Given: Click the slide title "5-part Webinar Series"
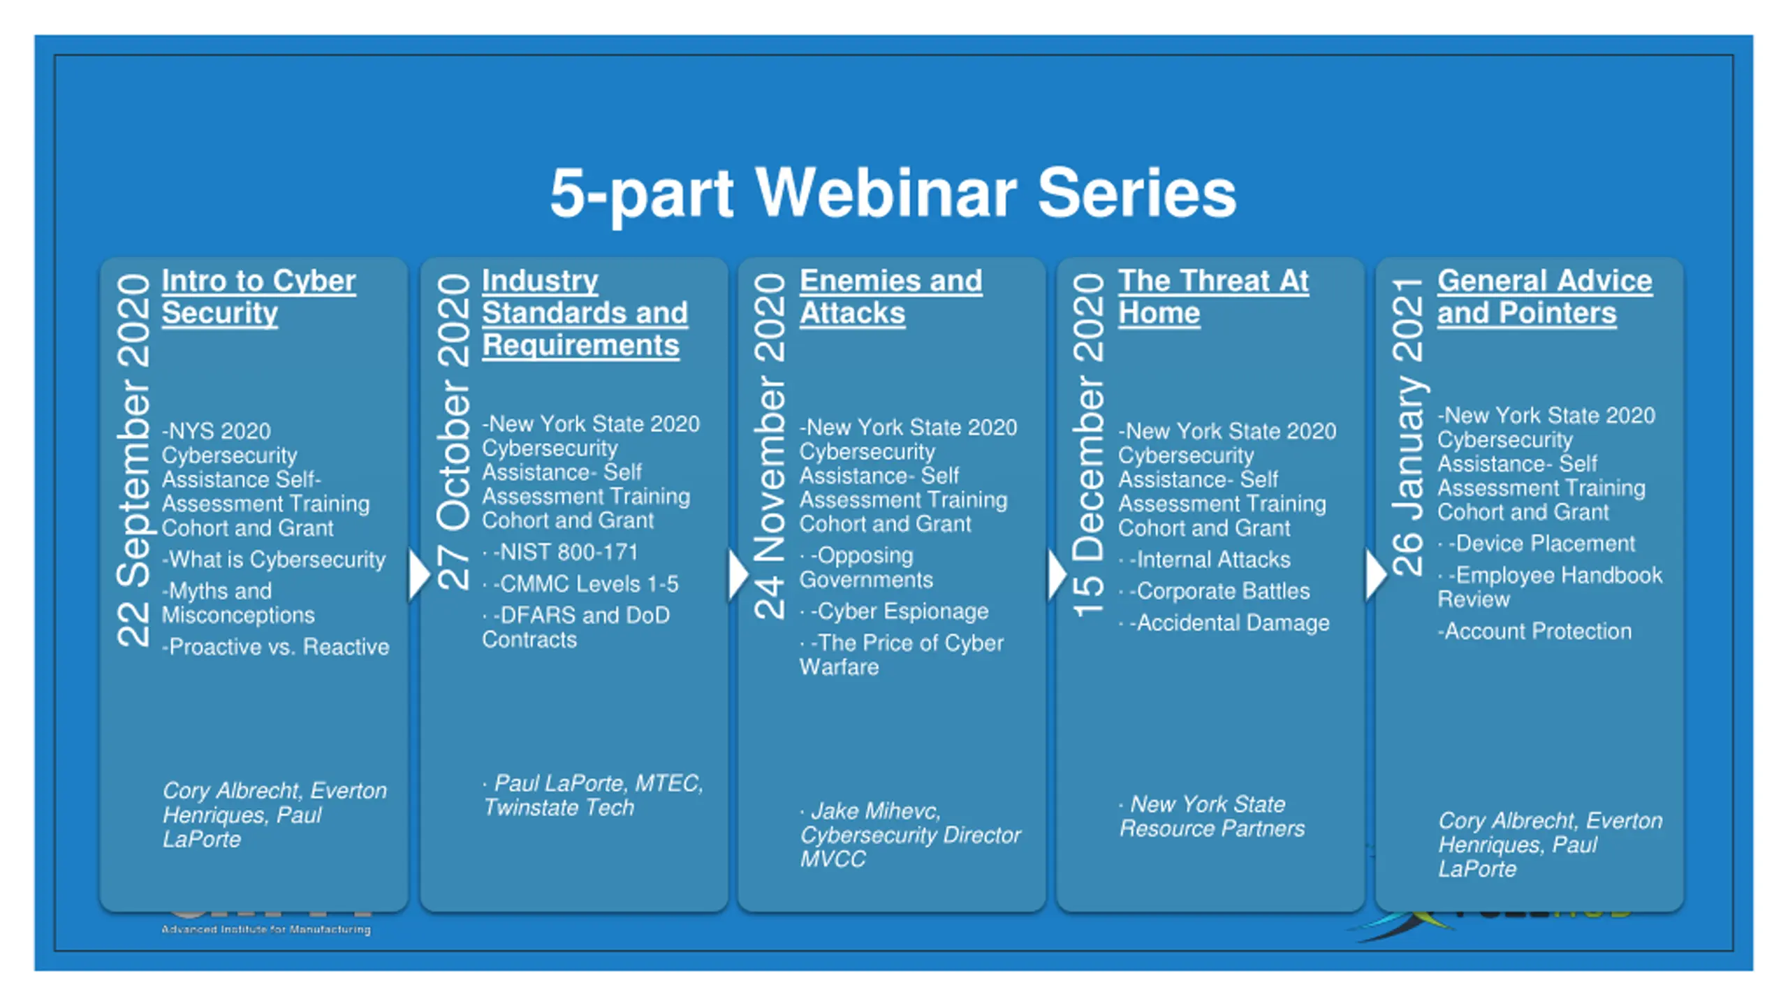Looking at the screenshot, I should (x=893, y=193).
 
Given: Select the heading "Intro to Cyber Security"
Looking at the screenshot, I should (x=258, y=297).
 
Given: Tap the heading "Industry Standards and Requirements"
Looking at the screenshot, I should (x=584, y=313).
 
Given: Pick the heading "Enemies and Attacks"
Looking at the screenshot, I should (x=891, y=297).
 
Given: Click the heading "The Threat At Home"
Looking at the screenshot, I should (x=1213, y=297).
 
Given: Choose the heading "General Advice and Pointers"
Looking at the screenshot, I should (x=1544, y=297).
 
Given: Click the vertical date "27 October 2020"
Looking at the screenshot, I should (x=453, y=432).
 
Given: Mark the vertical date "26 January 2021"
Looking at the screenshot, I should (x=1407, y=426).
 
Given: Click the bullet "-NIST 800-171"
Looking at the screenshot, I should (x=565, y=553).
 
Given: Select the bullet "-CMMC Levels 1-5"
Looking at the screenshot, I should (x=585, y=584).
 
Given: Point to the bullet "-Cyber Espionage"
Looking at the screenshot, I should (x=899, y=611).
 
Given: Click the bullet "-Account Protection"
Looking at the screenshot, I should (x=1534, y=632).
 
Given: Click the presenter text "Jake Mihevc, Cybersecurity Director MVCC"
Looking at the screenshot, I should (x=909, y=835).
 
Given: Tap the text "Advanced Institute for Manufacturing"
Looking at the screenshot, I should (x=266, y=930).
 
